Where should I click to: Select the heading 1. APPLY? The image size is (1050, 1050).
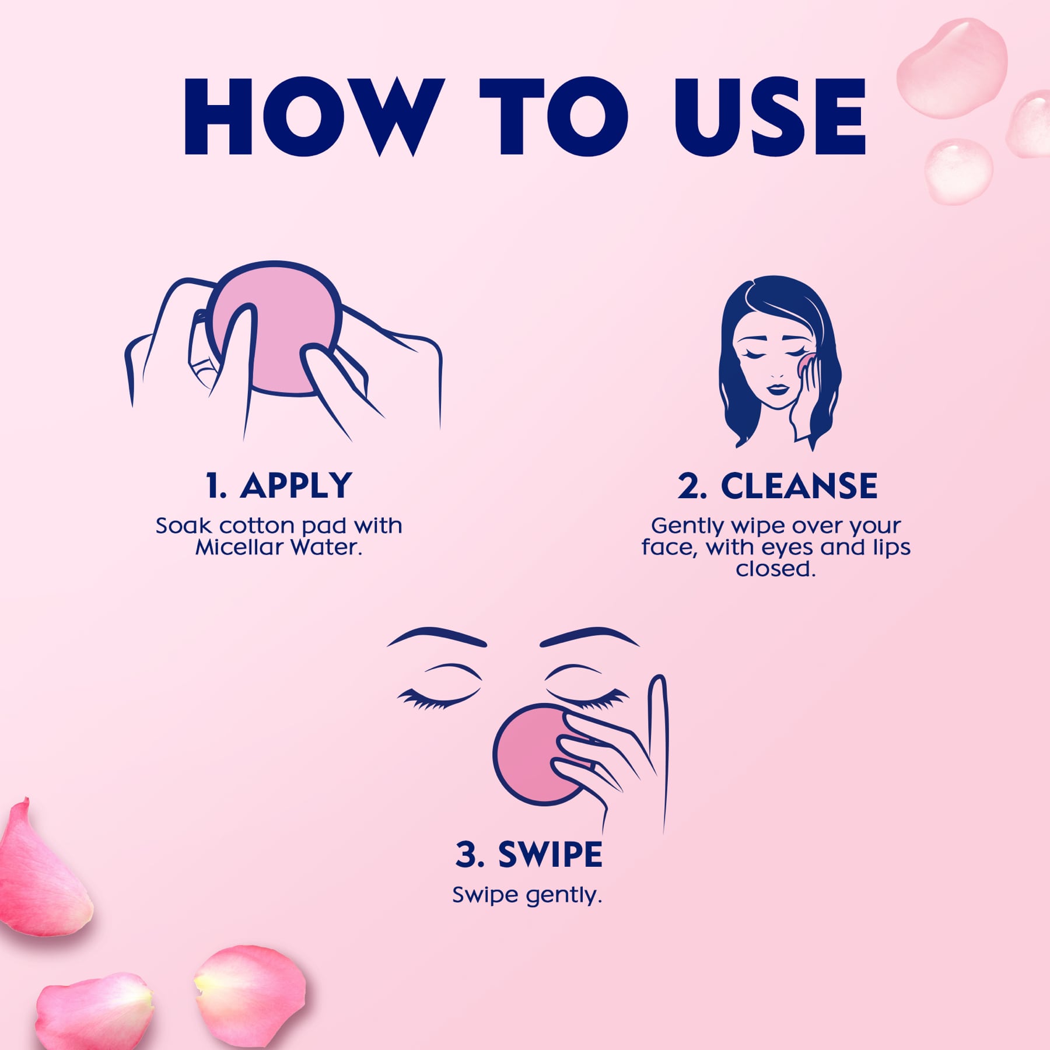(x=279, y=485)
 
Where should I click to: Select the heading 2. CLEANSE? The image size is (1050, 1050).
(x=777, y=485)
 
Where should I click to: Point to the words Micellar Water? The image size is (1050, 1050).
(x=279, y=547)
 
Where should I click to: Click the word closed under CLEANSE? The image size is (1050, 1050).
(x=775, y=569)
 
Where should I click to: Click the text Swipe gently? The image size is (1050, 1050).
(x=527, y=895)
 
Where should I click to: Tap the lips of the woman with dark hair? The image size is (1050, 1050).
(x=776, y=388)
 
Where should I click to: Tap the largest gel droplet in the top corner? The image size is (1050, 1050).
(x=952, y=67)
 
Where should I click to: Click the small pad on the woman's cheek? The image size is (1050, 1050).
(x=804, y=363)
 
